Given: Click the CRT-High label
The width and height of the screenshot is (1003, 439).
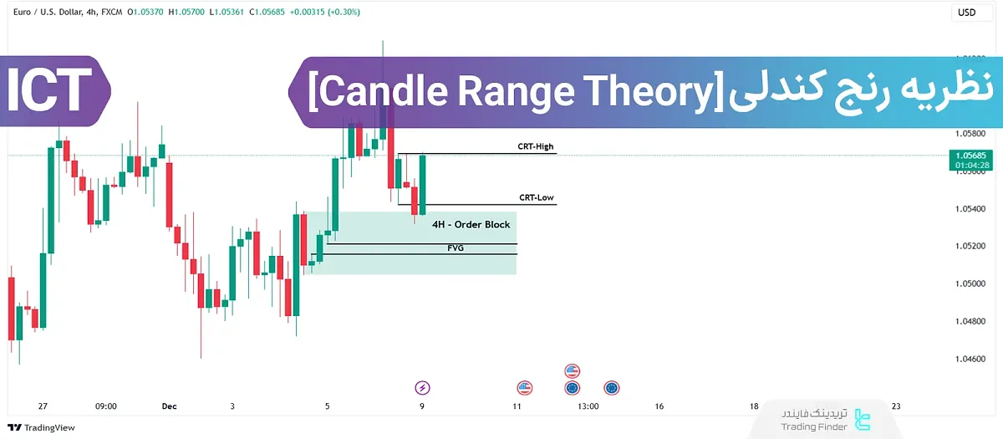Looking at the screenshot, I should click(535, 146).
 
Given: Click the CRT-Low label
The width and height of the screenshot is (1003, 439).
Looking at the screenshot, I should click(536, 198).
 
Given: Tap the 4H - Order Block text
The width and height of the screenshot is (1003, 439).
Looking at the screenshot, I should click(471, 225).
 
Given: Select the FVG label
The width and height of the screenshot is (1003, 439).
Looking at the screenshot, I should click(456, 248).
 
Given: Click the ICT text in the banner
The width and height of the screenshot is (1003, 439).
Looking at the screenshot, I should click(50, 90).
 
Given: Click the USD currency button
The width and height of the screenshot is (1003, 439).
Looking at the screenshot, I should click(966, 13).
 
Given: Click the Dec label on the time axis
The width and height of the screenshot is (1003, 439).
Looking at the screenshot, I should click(170, 406).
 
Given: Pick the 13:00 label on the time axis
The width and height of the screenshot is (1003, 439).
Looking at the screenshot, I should click(588, 406).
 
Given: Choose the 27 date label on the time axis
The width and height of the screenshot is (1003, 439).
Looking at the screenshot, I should click(43, 406).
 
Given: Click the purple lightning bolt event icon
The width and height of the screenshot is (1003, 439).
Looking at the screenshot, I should click(423, 387).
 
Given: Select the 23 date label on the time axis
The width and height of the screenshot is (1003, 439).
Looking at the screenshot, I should click(897, 406).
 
